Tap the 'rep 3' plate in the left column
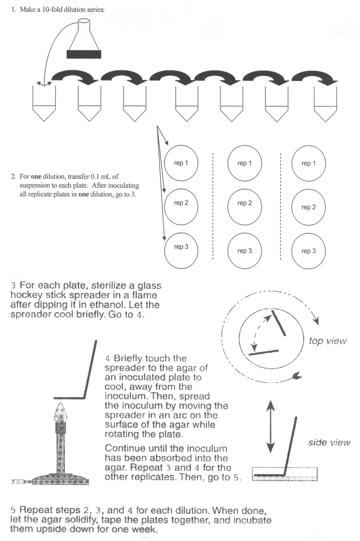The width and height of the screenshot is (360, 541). pyautogui.click(x=181, y=247)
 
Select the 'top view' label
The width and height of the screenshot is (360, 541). pyautogui.click(x=328, y=341)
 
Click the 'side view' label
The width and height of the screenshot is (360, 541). pyautogui.click(x=329, y=442)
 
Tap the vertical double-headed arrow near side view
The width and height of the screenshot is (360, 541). pyautogui.click(x=270, y=426)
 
